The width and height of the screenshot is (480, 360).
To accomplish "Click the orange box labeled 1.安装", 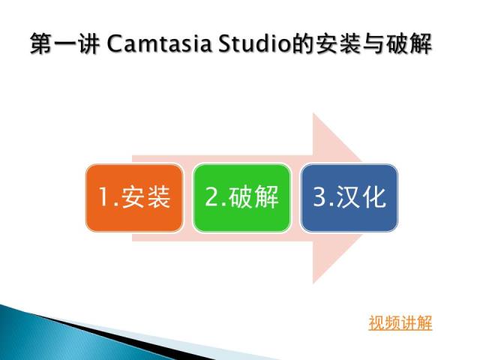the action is [x=135, y=198].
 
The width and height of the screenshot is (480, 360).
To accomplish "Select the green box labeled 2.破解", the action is [x=241, y=198].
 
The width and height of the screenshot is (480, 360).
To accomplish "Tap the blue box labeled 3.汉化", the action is [x=349, y=198].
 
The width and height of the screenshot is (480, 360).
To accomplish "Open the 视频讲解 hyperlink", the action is [x=400, y=322].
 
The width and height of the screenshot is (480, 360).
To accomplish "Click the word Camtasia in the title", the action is [x=159, y=43].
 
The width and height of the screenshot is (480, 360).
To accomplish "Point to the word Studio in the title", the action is [x=254, y=43].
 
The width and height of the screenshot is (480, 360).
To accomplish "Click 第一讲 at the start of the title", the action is [x=65, y=43].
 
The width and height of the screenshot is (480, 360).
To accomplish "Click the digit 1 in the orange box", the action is [x=103, y=196].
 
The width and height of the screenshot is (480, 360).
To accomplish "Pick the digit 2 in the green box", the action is [x=211, y=196].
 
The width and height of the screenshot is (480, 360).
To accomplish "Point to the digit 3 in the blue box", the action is [x=319, y=196].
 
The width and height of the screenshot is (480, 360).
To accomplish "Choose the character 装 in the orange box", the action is [x=158, y=196].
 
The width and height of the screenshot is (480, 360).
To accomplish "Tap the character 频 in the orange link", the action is [x=392, y=322].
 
